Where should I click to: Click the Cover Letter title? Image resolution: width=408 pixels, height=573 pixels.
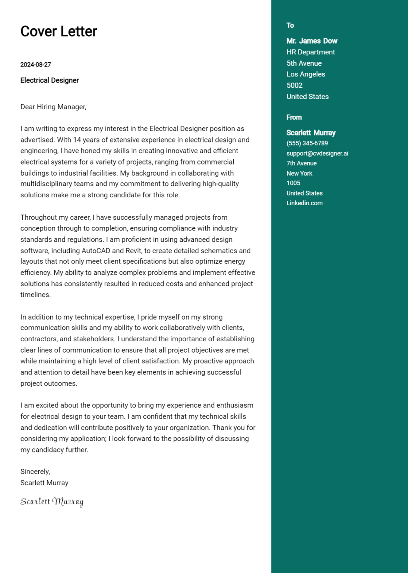point(58,31)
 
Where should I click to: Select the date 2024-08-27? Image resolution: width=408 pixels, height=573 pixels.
point(35,65)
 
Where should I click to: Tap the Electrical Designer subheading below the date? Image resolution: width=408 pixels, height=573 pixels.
point(50,80)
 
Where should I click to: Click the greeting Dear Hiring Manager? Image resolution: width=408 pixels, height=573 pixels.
point(53,107)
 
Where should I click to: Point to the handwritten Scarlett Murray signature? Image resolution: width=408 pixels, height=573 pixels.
point(52,502)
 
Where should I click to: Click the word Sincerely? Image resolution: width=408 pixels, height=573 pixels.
point(35,472)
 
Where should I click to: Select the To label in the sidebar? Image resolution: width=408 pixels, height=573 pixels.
point(290,25)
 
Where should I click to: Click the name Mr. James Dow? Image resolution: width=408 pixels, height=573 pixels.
point(311,41)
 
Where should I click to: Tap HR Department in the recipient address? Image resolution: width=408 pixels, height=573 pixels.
point(310,52)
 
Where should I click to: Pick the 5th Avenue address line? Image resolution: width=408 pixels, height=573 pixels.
point(304,63)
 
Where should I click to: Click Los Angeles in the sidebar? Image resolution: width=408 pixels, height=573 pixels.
point(306,74)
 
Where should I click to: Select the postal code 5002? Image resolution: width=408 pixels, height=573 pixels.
point(294,85)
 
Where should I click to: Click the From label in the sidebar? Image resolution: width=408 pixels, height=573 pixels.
point(294,117)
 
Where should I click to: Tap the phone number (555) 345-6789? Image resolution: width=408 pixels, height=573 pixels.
point(307,143)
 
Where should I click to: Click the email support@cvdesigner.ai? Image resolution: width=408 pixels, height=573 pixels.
point(317,153)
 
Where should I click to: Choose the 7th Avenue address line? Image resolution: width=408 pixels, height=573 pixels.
point(301,163)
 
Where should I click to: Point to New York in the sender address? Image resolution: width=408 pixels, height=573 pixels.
point(299,173)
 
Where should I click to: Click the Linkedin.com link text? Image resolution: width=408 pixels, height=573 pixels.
point(304,203)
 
